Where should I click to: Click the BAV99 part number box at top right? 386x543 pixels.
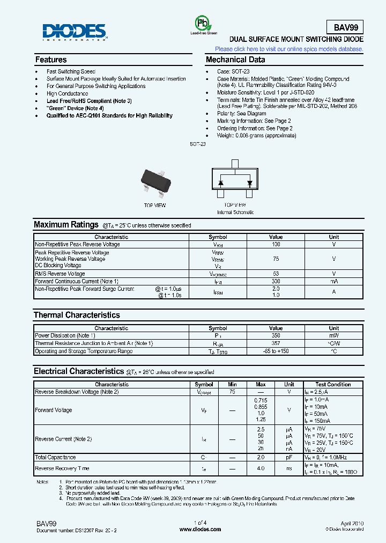(345, 27)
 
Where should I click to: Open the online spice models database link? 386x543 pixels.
(289, 49)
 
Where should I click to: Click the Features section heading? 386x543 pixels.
(51, 60)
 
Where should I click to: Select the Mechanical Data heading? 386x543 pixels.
(235, 60)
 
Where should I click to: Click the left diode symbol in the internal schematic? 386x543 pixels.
(220, 183)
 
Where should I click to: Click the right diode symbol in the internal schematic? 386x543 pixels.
(249, 183)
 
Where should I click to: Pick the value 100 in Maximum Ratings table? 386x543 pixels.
(276, 245)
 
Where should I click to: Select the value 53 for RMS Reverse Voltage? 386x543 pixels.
(276, 274)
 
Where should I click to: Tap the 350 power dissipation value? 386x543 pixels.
(276, 336)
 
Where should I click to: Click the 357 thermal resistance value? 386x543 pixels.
(276, 343)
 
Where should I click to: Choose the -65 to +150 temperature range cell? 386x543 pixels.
(276, 351)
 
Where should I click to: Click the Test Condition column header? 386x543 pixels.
(333, 385)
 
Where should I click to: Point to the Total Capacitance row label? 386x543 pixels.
(55, 457)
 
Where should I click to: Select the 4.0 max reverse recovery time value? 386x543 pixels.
(261, 468)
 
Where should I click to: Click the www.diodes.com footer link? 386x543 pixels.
(200, 529)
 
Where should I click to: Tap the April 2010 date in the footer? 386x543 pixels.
(351, 523)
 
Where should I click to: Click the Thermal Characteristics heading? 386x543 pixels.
(77, 315)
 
